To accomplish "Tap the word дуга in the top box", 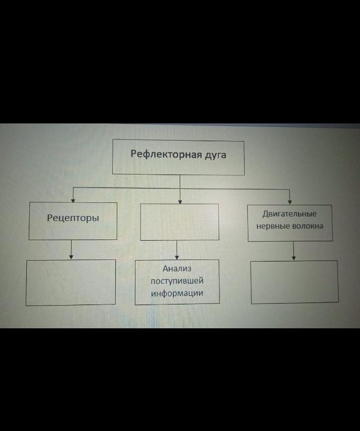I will [215, 155].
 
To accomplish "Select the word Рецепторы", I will [73, 218].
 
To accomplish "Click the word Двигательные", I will [290, 214].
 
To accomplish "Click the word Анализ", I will [177, 269].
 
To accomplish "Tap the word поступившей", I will [177, 281].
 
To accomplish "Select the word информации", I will [177, 293].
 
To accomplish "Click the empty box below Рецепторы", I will [71, 282].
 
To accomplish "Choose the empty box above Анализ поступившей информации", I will [179, 222].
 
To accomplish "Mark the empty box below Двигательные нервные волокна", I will [294, 282].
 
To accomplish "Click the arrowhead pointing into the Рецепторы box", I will [74, 200].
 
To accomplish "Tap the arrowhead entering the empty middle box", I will [180, 201].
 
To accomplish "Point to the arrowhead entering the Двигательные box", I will [290, 202].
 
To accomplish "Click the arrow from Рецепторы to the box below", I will [71, 249].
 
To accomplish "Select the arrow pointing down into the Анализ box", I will [177, 250].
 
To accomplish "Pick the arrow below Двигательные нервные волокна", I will [294, 251].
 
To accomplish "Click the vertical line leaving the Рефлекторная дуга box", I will [180, 181].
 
